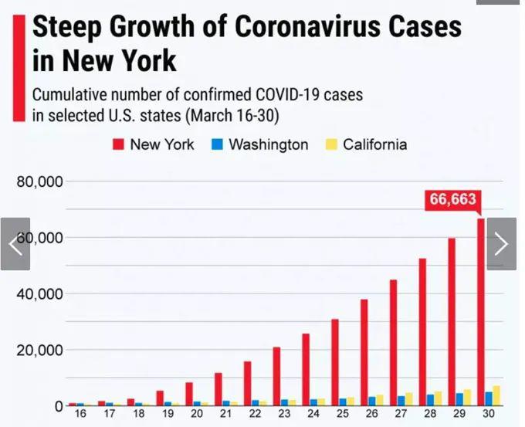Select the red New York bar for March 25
pyautogui.click(x=335, y=362)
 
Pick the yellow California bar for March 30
pyautogui.click(x=496, y=395)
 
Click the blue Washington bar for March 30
pyautogui.click(x=489, y=398)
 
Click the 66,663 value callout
pyautogui.click(x=452, y=199)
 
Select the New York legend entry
pyautogui.click(x=154, y=144)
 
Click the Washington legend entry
pyautogui.click(x=260, y=144)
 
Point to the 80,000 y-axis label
pyautogui.click(x=39, y=182)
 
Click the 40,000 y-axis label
pyautogui.click(x=39, y=294)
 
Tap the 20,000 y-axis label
pyautogui.click(x=39, y=350)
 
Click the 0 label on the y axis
pyautogui.click(x=59, y=405)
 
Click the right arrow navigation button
pyautogui.click(x=501, y=244)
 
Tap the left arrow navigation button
pyautogui.click(x=15, y=244)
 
